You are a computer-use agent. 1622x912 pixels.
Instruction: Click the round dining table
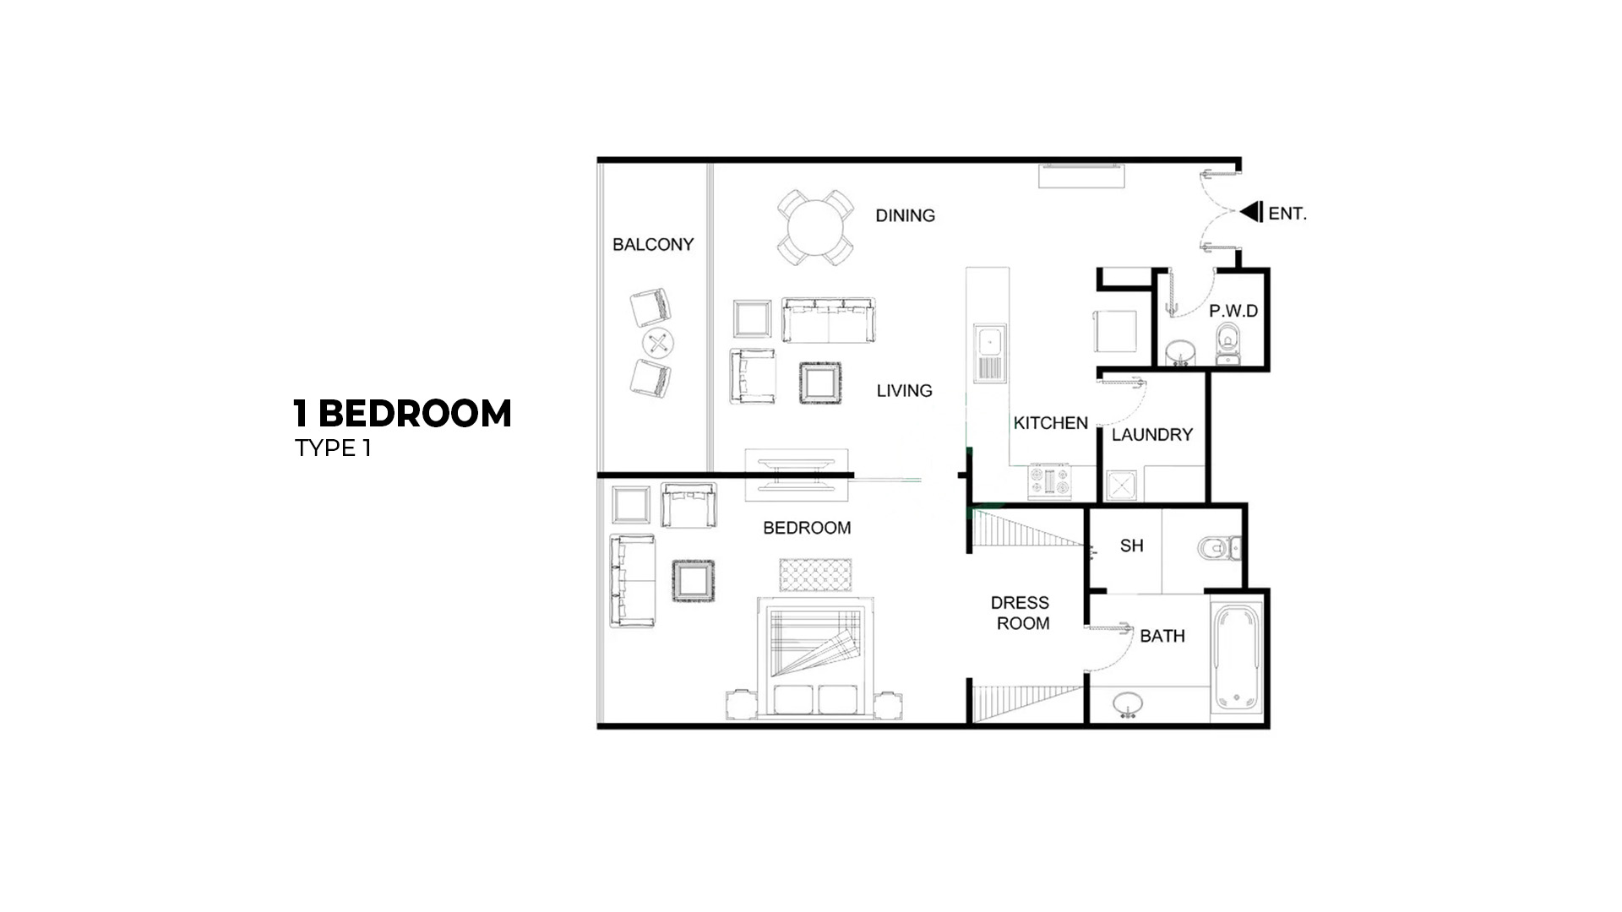(816, 227)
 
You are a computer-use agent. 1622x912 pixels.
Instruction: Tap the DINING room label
(905, 215)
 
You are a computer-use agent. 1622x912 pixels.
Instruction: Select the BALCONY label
(653, 244)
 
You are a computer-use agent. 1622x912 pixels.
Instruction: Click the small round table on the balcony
(658, 343)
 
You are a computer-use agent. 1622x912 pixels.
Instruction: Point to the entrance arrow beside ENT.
(1251, 211)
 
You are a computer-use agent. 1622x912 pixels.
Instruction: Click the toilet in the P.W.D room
(1227, 346)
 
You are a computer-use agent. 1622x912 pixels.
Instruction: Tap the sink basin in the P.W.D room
(1179, 351)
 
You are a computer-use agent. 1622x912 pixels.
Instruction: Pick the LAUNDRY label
(1152, 435)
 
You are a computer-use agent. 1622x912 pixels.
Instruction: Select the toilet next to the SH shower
(1220, 549)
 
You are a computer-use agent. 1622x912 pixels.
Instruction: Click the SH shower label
(1132, 546)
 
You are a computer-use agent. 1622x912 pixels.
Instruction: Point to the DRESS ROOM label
(1021, 613)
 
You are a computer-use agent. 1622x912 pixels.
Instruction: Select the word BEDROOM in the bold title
(415, 414)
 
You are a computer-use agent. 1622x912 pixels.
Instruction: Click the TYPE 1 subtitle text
(333, 448)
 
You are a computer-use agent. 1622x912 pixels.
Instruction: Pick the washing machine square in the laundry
(1121, 486)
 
